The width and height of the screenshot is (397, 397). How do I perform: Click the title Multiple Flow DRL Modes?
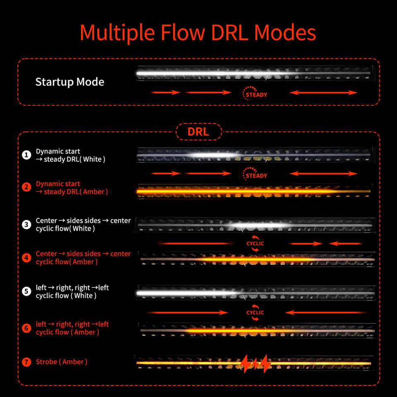coord(198,33)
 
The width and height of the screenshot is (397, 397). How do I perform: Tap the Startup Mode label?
coord(70,82)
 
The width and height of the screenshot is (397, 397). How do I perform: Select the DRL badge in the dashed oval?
coord(198,132)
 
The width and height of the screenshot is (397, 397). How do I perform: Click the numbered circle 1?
coord(26,155)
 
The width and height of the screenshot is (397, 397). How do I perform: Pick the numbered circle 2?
coord(26,187)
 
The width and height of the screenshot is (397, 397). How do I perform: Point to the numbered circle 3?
coord(26,224)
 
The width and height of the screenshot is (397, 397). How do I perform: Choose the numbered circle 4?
coord(26,258)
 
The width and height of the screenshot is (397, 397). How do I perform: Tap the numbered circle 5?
coord(26,291)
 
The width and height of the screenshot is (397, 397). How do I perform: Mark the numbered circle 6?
coord(26,328)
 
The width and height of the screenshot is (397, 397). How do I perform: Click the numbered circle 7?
coord(26,362)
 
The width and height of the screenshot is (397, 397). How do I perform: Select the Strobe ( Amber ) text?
coord(62,362)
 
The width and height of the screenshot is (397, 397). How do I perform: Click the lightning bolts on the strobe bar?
coord(256,364)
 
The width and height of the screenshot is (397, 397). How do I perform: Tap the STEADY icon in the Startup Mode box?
coord(255,93)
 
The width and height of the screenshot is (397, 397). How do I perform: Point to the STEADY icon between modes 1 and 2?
coord(255,174)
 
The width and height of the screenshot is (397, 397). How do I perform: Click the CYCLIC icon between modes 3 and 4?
coord(255,243)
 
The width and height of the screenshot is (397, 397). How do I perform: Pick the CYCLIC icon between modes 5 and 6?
coord(255,313)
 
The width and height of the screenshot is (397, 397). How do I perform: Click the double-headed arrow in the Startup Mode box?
coord(323,93)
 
